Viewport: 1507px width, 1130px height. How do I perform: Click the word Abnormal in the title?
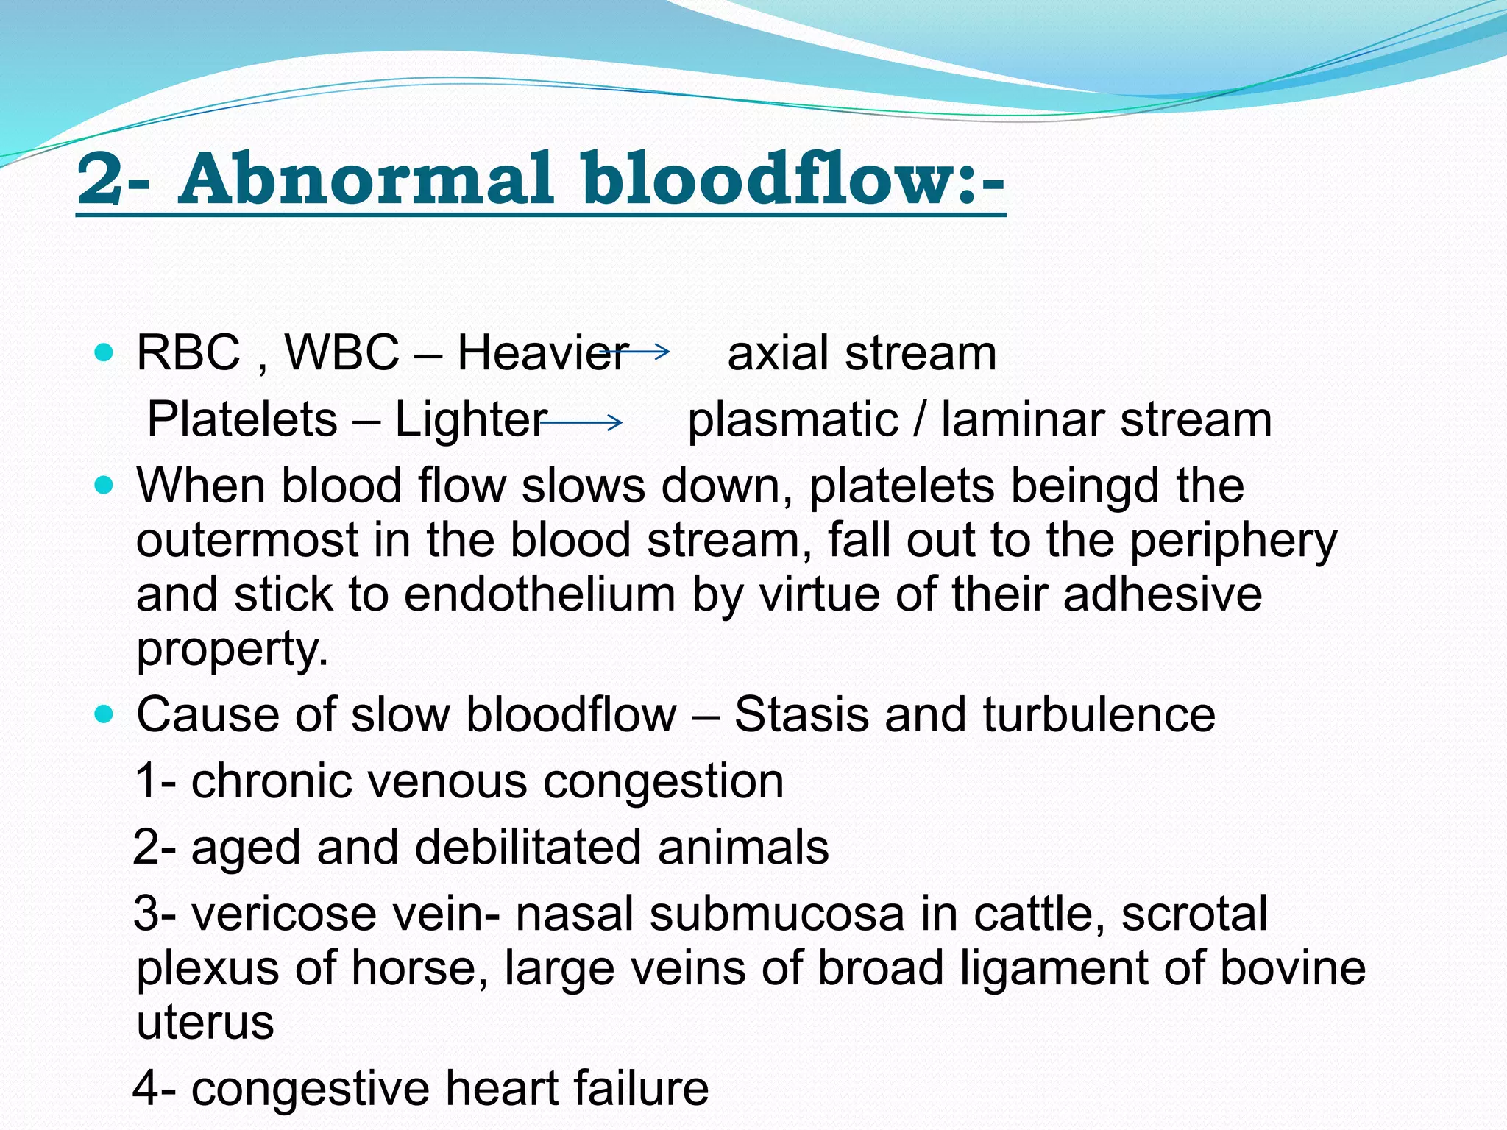(x=365, y=179)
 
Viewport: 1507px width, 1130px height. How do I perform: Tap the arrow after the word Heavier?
(x=635, y=352)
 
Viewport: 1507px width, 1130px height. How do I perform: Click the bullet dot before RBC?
(x=104, y=352)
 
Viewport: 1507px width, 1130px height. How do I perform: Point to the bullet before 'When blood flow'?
(x=104, y=486)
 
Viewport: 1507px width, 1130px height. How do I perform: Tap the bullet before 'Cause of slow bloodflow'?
(x=104, y=714)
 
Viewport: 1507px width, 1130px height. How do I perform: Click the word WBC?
(x=341, y=352)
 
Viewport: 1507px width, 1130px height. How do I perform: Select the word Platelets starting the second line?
(x=242, y=419)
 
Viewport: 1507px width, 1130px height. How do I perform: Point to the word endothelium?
(x=539, y=594)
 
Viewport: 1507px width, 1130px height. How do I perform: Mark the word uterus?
(x=205, y=1022)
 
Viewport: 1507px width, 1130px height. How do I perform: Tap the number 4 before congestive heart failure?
(x=146, y=1088)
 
